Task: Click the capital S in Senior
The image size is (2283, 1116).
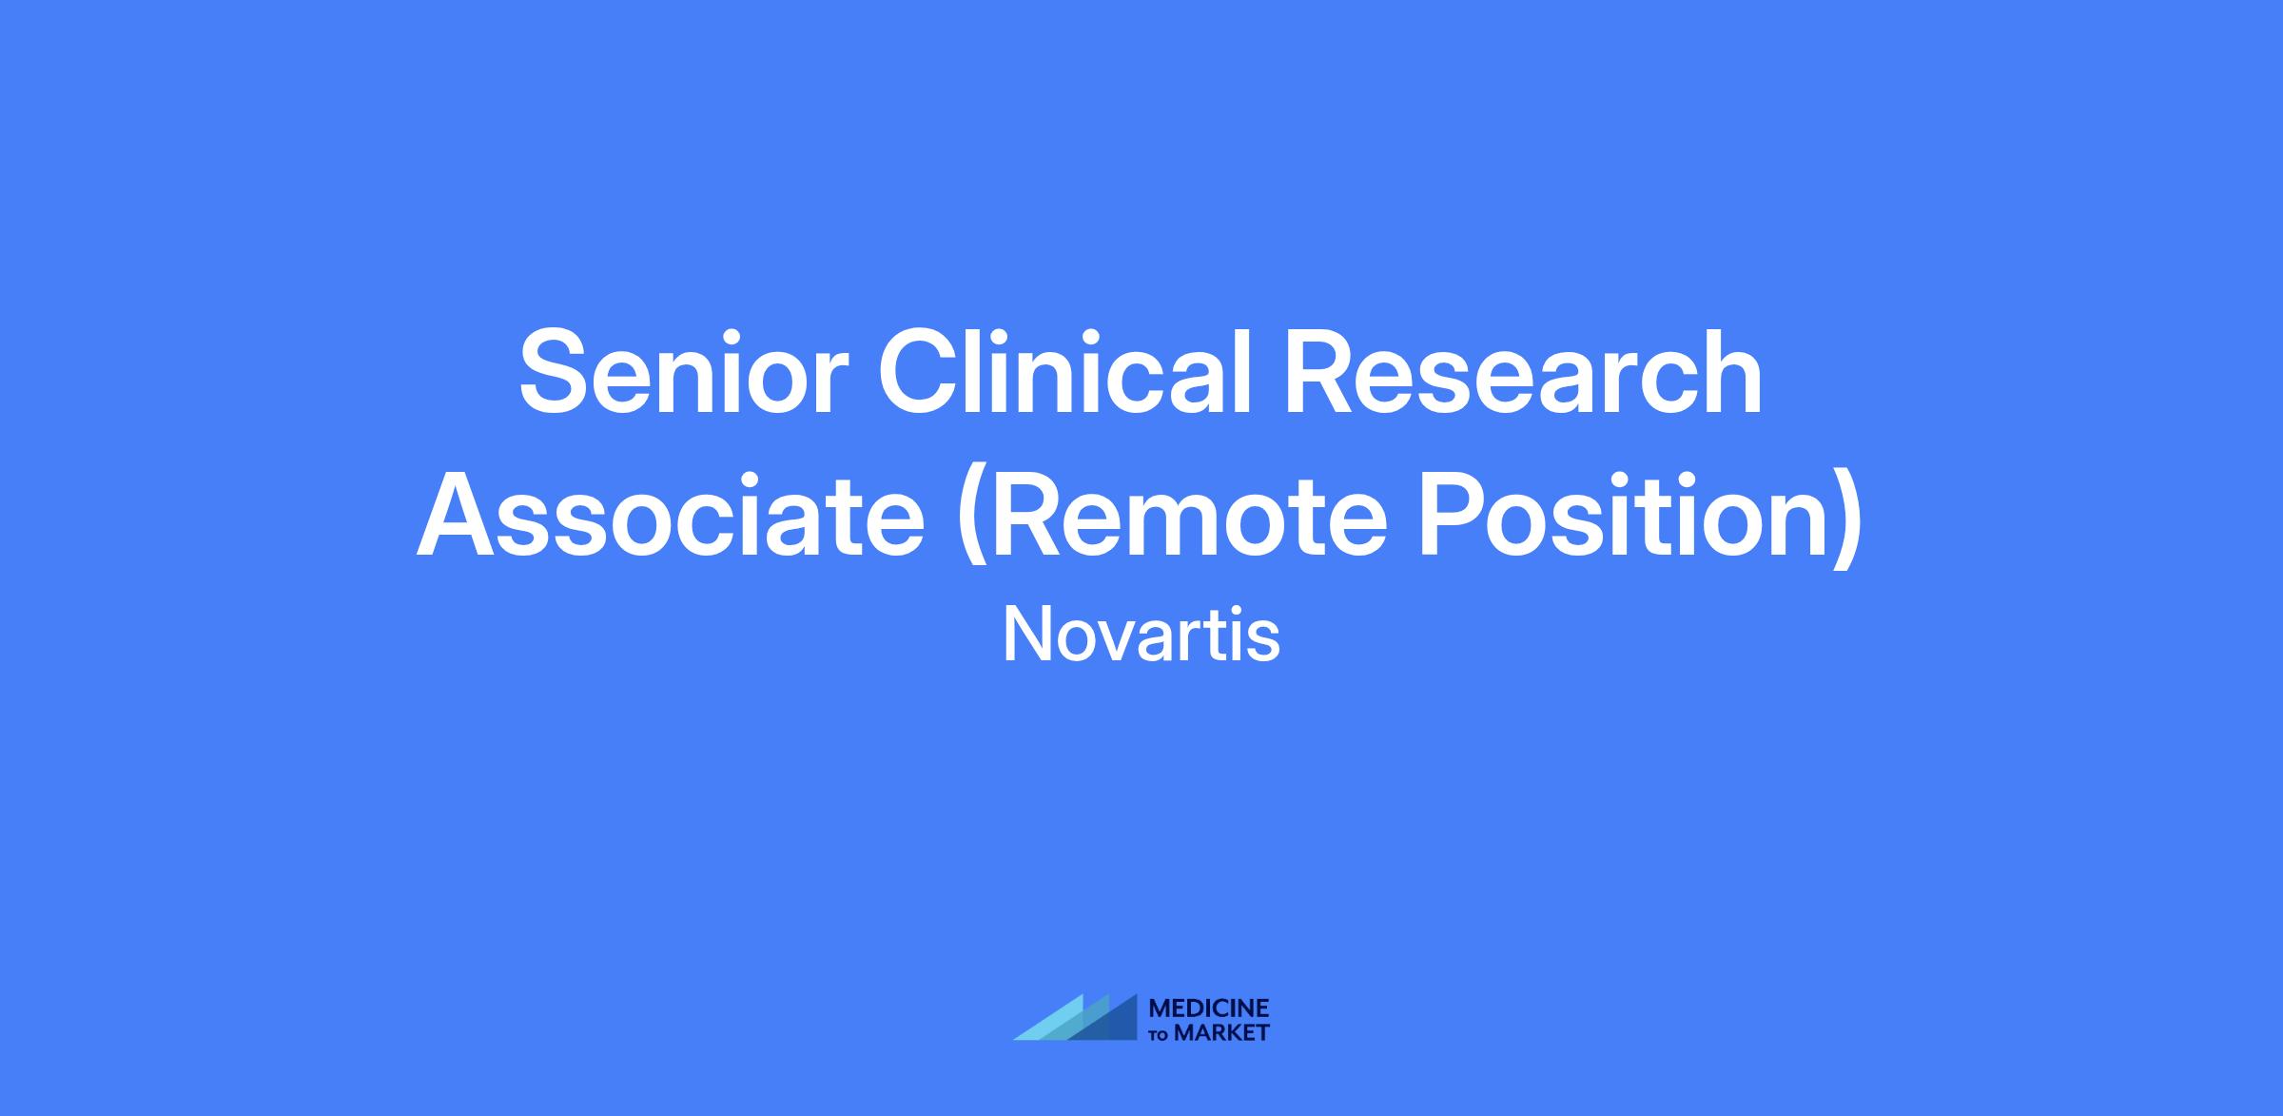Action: point(557,372)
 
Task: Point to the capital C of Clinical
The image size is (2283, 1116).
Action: point(920,372)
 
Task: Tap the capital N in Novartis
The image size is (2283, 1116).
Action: point(1025,635)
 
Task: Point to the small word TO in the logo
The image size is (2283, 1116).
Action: point(1161,1034)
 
